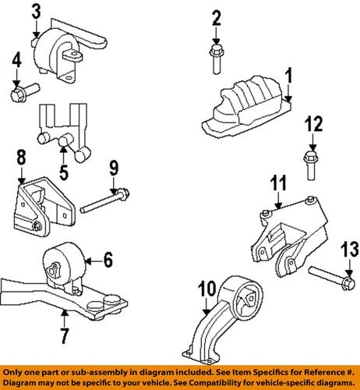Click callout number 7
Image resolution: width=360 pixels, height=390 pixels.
coord(64,336)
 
